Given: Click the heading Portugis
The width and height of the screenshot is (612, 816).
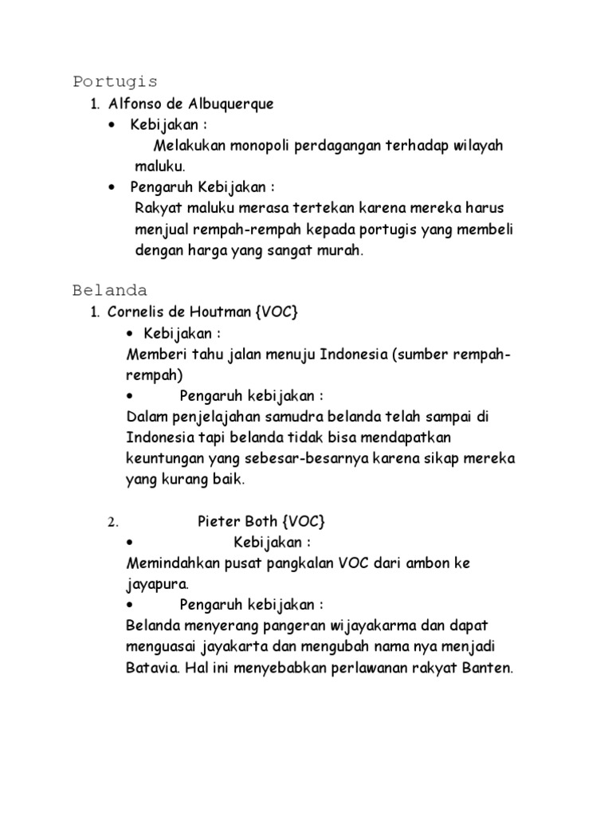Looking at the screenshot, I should [115, 81].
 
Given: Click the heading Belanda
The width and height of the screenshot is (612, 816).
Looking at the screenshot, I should [110, 288].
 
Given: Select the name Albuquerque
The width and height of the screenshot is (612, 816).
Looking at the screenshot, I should [237, 104].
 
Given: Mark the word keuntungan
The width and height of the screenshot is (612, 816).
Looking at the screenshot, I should [164, 459].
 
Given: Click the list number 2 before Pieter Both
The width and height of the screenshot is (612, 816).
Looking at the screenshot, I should [113, 522].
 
